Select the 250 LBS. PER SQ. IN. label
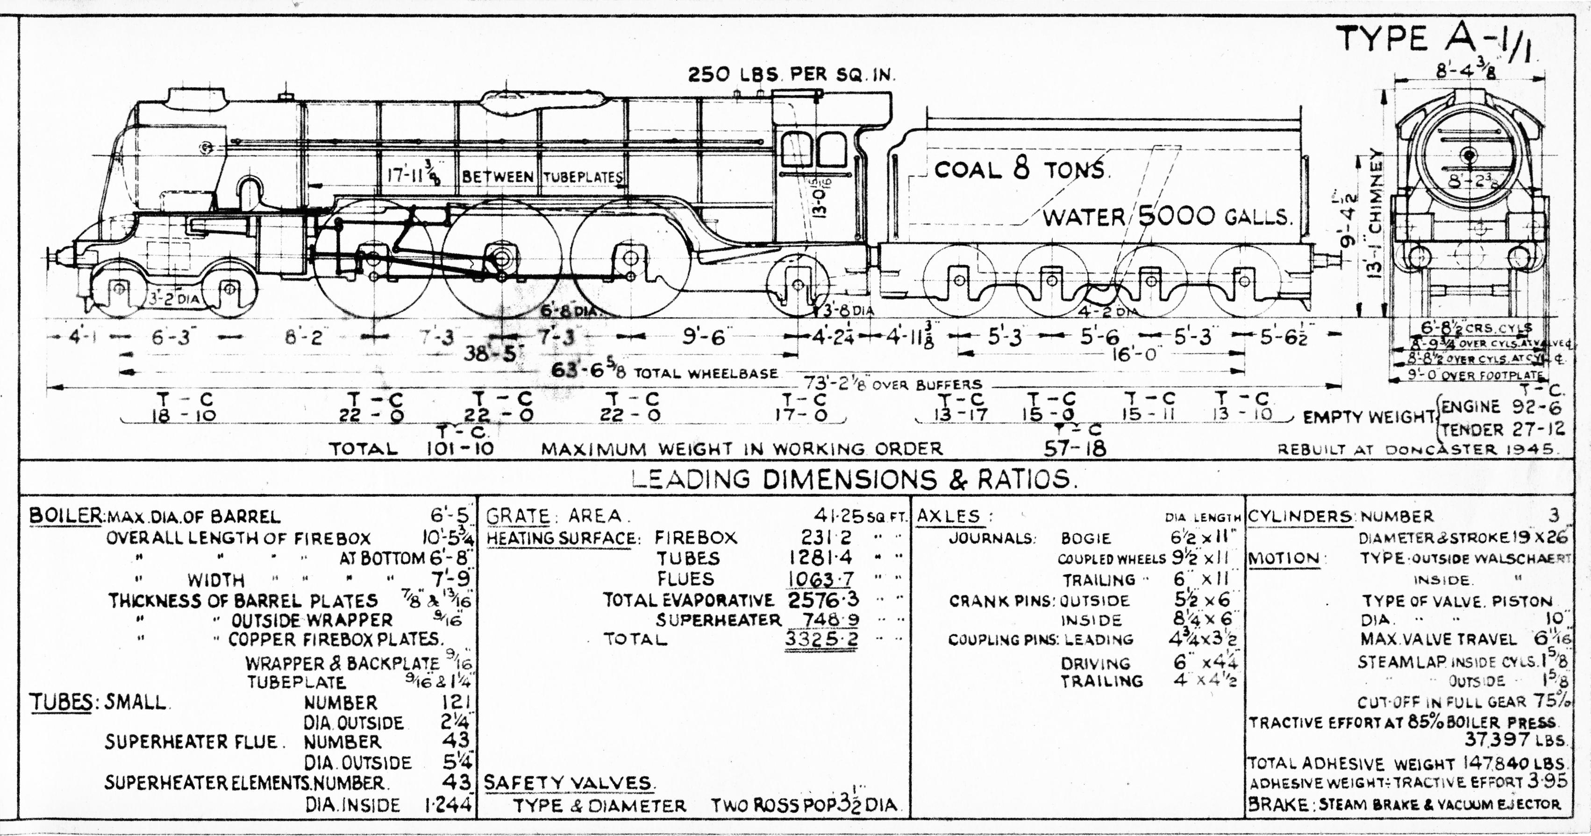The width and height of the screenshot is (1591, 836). tap(791, 75)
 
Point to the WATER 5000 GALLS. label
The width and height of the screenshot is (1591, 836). tap(1167, 217)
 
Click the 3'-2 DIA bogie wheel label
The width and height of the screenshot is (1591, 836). tap(175, 299)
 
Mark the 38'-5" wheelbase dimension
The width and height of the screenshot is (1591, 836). tap(493, 354)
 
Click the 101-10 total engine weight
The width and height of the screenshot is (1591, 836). tap(460, 448)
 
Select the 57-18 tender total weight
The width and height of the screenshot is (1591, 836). tap(1075, 448)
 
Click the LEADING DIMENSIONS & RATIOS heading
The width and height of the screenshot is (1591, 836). tap(853, 480)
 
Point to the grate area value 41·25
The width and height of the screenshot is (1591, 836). tap(837, 516)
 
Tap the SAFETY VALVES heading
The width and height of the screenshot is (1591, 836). tap(568, 783)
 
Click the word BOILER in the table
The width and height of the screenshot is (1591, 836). tap(65, 516)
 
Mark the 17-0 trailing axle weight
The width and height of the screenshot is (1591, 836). tap(802, 415)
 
